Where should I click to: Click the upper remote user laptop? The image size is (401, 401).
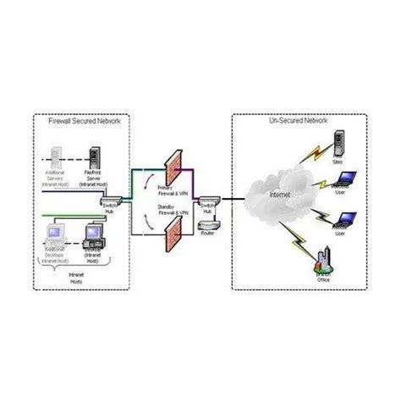click(344, 179)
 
